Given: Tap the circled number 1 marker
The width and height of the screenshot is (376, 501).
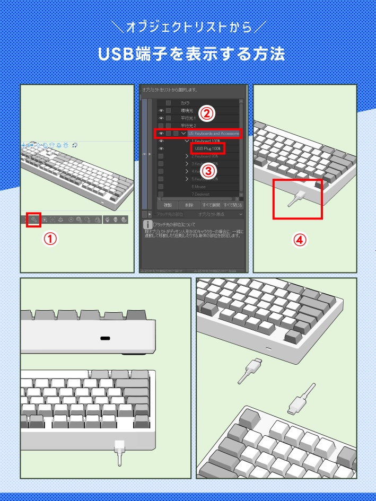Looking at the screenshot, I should coord(50,239).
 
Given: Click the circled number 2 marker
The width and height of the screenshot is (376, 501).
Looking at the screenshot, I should coord(207,113).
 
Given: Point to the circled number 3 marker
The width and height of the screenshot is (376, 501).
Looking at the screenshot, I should coord(208,170).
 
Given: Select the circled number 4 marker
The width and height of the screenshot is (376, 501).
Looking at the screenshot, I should coord(300,240).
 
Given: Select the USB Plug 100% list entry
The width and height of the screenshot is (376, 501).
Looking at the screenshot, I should coord(207,148).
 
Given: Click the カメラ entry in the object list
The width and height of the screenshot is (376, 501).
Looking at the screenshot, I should coord(185,102).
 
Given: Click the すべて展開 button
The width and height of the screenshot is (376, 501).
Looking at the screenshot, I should coord(211,205).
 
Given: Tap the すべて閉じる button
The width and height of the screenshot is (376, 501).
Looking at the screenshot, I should coord(232,205).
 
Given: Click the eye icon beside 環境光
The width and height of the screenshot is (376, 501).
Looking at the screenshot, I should coord(161,110).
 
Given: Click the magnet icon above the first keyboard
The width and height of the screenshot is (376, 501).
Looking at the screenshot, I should coord(75,144).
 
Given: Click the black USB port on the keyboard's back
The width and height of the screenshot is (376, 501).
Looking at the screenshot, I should coord(105,338).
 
